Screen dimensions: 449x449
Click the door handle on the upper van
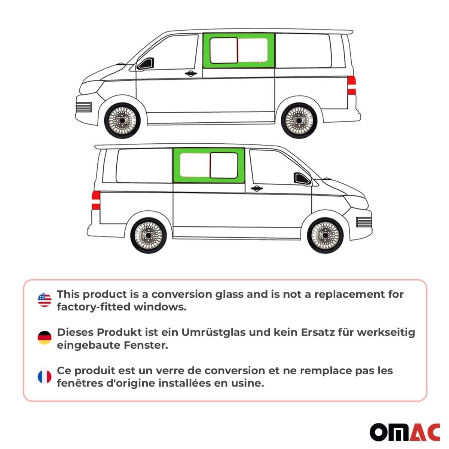click(191, 73)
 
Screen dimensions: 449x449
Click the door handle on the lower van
click(256, 188)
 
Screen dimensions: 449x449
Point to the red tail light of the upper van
click(351, 85)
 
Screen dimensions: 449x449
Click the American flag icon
click(45, 300)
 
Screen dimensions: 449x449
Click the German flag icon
click(45, 338)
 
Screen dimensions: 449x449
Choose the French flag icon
click(45, 377)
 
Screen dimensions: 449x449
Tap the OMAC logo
click(405, 433)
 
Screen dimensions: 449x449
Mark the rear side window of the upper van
click(303, 51)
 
